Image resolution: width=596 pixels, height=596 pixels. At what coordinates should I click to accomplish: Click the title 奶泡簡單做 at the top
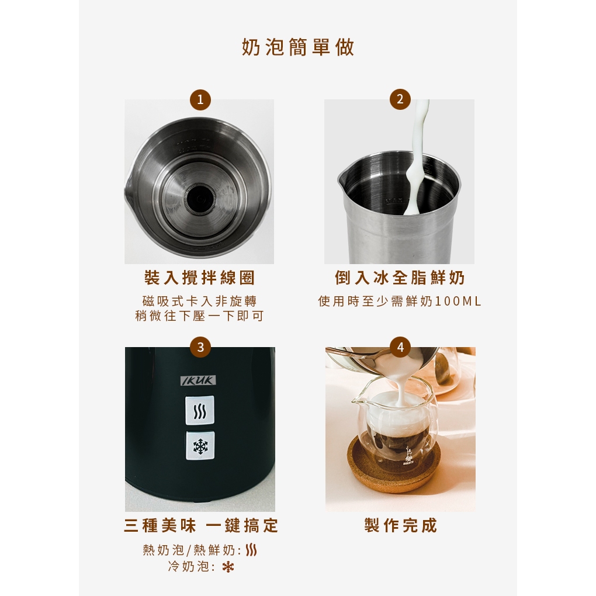coord(298,47)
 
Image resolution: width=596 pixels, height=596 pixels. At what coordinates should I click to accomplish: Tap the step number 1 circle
coord(200,99)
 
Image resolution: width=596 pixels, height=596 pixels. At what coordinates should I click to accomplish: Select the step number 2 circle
coord(400,99)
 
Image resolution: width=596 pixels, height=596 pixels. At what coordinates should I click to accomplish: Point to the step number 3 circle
coord(200,347)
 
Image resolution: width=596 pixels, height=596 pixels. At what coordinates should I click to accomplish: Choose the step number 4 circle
coord(400,347)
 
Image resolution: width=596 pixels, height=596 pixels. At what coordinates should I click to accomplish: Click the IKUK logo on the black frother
coord(198,380)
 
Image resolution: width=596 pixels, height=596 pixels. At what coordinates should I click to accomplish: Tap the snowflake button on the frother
coord(200,446)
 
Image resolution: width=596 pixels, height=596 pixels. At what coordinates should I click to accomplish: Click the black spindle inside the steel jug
coord(199,199)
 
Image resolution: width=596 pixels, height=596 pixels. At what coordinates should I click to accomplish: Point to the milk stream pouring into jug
coord(416,156)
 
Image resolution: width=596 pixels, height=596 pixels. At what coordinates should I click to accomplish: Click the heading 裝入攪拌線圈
coord(199,278)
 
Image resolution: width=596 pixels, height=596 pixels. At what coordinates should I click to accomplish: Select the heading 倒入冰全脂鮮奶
coord(400,278)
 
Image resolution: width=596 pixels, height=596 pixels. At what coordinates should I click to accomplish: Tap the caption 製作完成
coord(401,526)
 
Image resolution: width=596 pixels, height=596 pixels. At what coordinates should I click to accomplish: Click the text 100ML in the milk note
coord(458,302)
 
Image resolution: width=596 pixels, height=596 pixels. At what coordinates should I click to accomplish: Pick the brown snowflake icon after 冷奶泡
coord(228,567)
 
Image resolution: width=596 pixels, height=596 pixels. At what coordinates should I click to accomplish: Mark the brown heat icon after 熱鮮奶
coord(251,550)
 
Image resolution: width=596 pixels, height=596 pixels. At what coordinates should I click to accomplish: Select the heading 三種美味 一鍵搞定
coord(201,526)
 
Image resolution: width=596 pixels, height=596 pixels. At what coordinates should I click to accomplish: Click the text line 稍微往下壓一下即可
coord(200,316)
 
